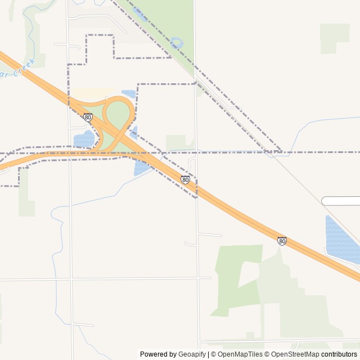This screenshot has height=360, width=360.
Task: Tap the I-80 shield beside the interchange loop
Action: (88, 117)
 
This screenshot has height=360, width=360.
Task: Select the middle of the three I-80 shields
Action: (186, 179)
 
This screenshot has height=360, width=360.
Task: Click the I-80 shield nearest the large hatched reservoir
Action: (282, 241)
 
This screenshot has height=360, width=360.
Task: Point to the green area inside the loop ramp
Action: (118, 115)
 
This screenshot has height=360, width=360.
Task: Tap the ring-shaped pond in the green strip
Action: (177, 43)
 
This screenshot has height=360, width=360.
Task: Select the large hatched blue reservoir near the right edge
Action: (341, 239)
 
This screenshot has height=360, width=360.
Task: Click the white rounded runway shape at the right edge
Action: (341, 201)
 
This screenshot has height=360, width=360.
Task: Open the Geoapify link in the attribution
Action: (192, 354)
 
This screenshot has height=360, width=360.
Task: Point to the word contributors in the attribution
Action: (339, 354)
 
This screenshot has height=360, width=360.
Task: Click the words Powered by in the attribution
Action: (157, 354)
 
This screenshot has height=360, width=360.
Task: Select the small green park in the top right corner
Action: (334, 38)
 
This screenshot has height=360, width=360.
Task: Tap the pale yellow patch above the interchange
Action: (93, 92)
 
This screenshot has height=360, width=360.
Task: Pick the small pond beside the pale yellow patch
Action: (129, 93)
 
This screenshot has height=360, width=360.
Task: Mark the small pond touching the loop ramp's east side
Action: (134, 133)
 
